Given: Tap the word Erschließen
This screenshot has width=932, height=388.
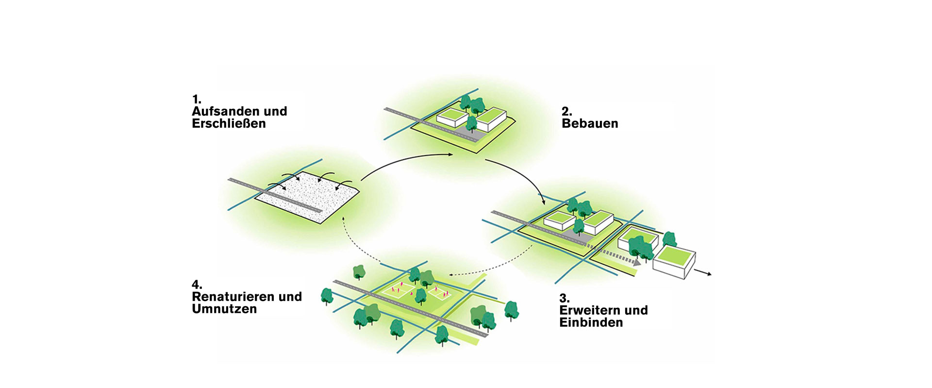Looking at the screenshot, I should coord(229,123).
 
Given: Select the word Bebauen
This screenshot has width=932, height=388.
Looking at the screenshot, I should coord(590,123).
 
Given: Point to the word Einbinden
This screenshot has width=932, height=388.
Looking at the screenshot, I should coord(591,322).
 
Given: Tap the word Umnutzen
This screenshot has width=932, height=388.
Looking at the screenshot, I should coord(224,309).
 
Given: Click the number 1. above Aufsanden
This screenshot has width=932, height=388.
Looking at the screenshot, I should coord(196,100).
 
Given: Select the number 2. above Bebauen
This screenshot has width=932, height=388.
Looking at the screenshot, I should coord(566,112).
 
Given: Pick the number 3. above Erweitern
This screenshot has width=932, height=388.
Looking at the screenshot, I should coord(564,298).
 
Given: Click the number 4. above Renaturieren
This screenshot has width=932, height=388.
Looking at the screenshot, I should coord(197,285).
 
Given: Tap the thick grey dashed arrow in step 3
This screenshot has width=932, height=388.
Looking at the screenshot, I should coord(614,254).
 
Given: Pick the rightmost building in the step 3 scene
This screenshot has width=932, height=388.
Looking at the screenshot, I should coord(675,263).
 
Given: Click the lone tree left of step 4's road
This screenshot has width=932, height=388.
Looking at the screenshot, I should coord(327,296).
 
